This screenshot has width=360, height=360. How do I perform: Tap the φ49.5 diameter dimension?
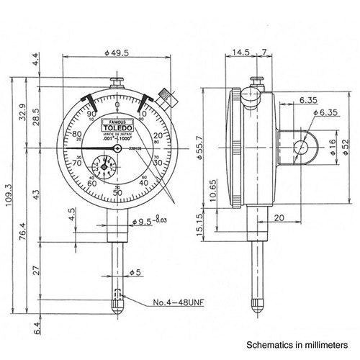pos(117,52)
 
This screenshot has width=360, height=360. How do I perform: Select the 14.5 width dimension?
pos(241,52)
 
